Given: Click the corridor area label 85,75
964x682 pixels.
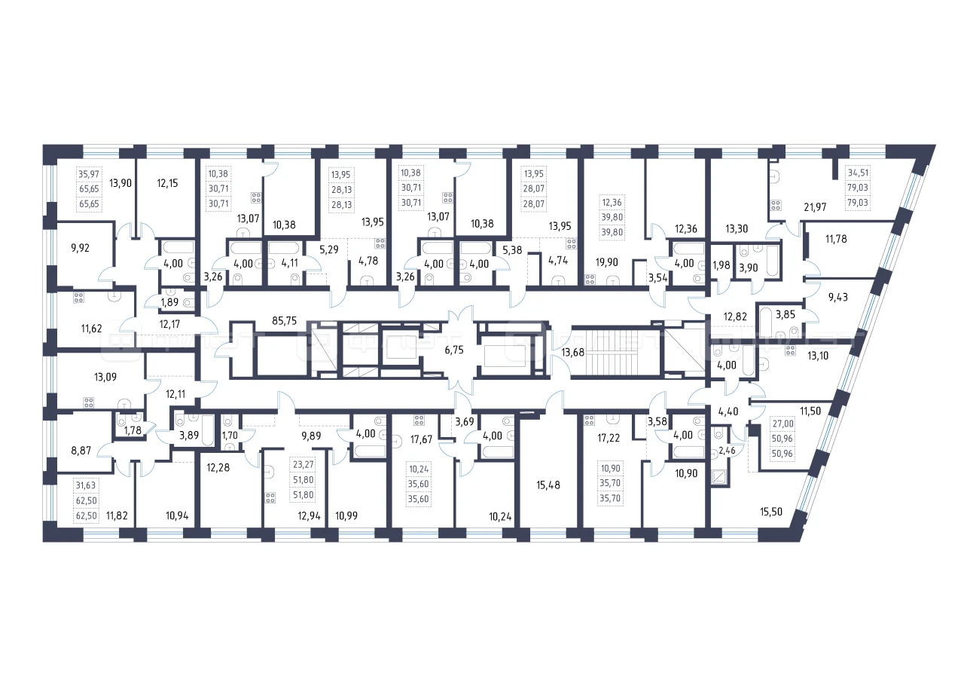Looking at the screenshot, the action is pos(285,321).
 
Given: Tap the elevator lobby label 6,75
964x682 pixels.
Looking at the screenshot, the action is pos(454,350).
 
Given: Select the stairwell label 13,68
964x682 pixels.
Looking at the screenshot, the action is pos(573,352).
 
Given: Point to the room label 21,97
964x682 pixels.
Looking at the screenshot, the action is pos(815,207).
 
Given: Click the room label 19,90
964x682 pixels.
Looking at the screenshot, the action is pos(606,262).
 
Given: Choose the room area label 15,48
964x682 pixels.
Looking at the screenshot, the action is pos(548,485).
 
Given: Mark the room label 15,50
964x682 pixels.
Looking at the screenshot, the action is pos(770,512).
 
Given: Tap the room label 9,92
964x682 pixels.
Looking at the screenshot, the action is pos(80,248).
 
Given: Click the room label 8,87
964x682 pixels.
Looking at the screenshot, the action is pos(81,451).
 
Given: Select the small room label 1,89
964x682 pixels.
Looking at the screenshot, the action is pos(169,302).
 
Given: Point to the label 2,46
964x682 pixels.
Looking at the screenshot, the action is pos(727,451).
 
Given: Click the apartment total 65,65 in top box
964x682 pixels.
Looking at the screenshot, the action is pos(89,189).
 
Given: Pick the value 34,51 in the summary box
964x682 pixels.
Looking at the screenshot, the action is pos(858,173).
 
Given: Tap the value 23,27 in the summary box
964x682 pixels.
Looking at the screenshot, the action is pos(304,464).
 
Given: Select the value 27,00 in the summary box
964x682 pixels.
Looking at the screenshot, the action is pos(782,424).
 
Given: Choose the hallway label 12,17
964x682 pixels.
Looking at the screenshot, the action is pos(169,324).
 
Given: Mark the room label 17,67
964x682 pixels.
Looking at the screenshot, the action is pos(421,439).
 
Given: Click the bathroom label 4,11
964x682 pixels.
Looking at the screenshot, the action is pos(290,263).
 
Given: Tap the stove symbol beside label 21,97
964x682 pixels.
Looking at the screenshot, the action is pos(776,206).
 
